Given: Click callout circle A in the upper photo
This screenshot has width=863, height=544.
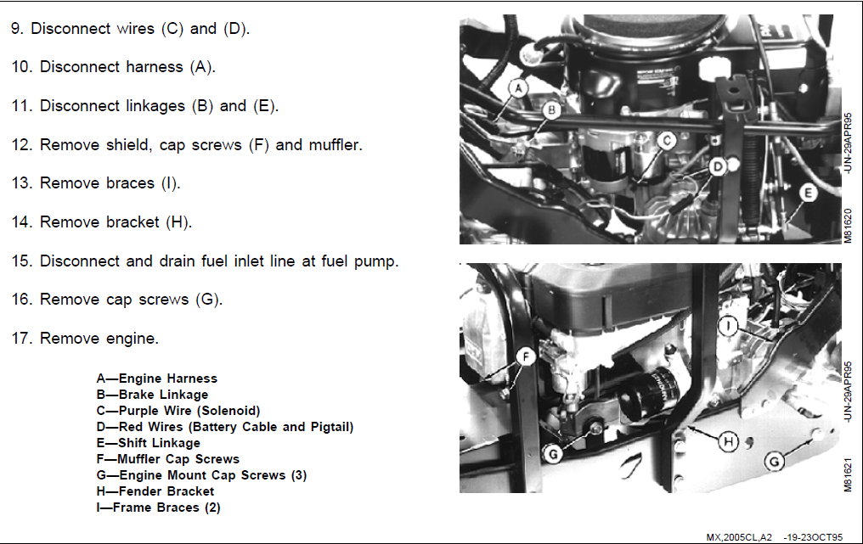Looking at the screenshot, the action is [x=518, y=88].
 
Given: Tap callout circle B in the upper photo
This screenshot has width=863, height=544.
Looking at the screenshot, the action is [x=551, y=110].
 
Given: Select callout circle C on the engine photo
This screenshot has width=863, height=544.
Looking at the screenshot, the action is [x=667, y=141].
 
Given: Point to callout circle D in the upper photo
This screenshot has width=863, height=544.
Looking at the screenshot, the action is [x=718, y=166].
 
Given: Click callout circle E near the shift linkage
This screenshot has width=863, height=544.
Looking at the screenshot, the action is [x=808, y=193].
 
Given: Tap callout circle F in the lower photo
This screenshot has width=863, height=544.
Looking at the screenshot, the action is [x=526, y=357].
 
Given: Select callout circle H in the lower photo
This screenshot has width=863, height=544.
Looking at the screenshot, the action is [x=729, y=441].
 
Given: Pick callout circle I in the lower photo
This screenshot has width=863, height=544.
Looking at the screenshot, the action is [x=728, y=326].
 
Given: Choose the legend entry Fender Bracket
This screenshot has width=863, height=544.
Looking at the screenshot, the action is [x=155, y=491].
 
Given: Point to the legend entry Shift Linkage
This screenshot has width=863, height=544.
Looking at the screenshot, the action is [x=148, y=443].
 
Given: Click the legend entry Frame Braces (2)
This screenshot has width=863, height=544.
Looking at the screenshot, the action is [x=158, y=508].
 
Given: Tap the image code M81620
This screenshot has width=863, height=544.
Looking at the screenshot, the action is [x=848, y=226].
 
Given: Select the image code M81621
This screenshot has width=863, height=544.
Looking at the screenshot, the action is [x=848, y=474].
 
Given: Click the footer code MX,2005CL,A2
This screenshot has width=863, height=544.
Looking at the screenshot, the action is [x=739, y=537].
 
